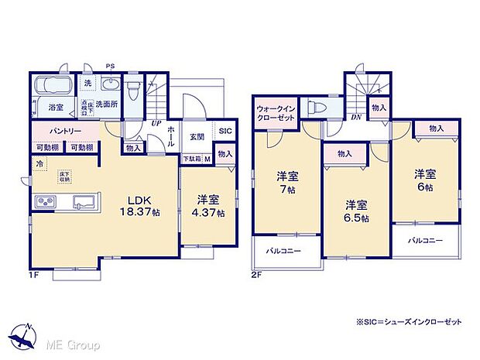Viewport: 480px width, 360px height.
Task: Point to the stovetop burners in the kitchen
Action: [43, 203]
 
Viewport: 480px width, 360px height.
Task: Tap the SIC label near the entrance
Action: [224, 132]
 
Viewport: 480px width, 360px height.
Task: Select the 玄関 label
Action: [197, 137]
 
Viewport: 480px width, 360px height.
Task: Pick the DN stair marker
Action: [356, 117]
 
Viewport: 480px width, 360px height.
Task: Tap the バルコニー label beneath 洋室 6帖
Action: [426, 241]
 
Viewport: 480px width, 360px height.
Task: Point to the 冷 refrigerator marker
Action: [39, 164]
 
